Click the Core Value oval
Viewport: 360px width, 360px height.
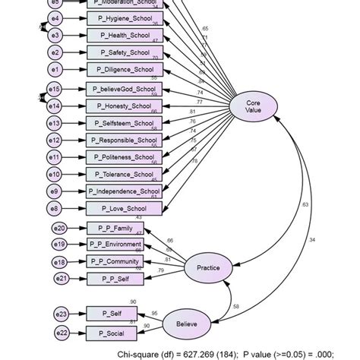pyautogui.click(x=254, y=106)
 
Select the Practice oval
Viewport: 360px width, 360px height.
pyautogui.click(x=208, y=267)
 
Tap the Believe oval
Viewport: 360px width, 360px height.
pyautogui.click(x=187, y=324)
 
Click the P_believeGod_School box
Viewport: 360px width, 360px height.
pyautogui.click(x=123, y=89)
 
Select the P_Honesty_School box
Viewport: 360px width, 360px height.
pyautogui.click(x=123, y=106)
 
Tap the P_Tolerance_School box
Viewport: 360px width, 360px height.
pyautogui.click(x=123, y=174)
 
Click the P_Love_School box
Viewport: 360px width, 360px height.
pyautogui.click(x=123, y=208)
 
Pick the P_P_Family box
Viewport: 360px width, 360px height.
pyautogui.click(x=115, y=227)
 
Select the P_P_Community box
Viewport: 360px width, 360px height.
pyautogui.click(x=115, y=261)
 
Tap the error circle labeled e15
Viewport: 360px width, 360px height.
pyautogui.click(x=55, y=89)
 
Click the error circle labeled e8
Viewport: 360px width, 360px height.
pyautogui.click(x=55, y=208)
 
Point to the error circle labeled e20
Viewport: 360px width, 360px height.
pyautogui.click(x=61, y=227)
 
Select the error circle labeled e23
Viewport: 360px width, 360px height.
pyautogui.click(x=61, y=314)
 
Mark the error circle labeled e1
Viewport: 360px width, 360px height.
pyautogui.click(x=55, y=70)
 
